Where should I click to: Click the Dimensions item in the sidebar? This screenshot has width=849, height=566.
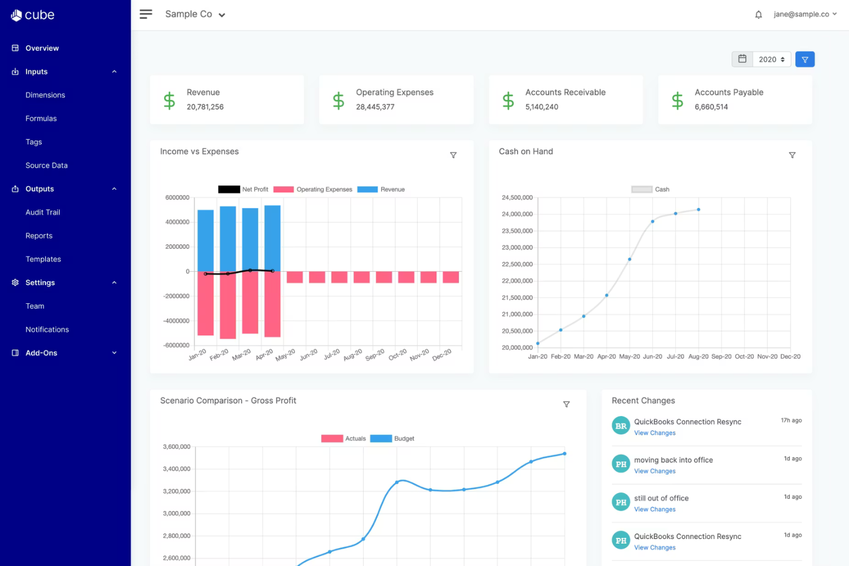45,95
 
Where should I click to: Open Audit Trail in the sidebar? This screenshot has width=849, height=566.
43,212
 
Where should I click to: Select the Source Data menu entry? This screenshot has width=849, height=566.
46,165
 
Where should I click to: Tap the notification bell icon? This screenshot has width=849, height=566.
758,14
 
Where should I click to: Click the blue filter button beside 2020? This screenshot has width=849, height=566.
805,60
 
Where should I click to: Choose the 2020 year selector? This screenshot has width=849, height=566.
772,60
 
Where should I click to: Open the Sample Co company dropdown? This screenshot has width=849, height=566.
195,14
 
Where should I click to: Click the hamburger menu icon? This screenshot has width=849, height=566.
146,14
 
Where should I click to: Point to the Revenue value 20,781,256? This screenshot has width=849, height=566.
205,107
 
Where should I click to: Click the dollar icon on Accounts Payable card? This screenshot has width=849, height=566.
677,100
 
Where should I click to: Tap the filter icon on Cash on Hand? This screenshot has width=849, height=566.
792,155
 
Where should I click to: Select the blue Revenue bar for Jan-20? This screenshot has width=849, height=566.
205,241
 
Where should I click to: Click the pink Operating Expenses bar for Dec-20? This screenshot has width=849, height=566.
451,278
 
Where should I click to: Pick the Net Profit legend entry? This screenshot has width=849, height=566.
243,189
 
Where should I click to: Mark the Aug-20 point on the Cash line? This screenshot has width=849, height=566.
699,209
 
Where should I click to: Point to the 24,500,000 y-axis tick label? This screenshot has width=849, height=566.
517,197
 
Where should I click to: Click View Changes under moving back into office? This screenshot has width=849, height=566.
655,471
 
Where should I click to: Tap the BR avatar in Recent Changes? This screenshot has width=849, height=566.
621,426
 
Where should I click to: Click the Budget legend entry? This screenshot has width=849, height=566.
392,438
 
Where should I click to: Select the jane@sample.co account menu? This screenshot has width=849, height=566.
805,14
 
